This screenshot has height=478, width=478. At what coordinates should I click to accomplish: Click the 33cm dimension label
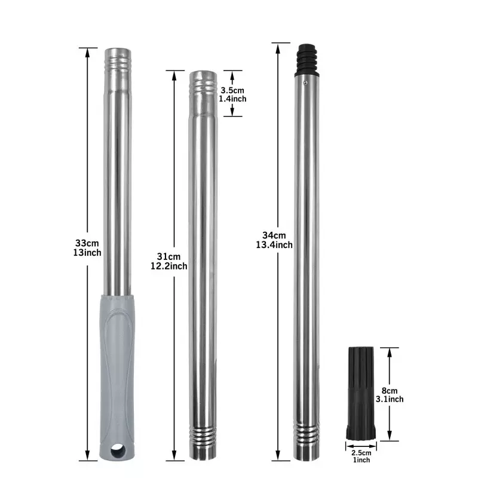pos(87,243)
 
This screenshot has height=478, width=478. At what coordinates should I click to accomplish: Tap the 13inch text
pos(87,253)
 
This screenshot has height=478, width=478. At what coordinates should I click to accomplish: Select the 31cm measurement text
pos(168,256)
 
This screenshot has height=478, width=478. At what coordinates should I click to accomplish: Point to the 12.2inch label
pos(169,266)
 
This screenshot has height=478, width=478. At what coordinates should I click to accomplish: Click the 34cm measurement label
pos(274,235)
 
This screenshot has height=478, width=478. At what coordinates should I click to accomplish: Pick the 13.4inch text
pos(274,245)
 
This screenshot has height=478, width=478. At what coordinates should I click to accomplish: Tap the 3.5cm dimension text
pos(232,90)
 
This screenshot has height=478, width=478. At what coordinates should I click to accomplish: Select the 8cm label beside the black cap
pos(390,391)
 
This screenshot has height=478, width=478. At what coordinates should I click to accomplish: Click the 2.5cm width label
pos(361,453)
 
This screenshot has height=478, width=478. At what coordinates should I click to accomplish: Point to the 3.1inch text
pos(390,399)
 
